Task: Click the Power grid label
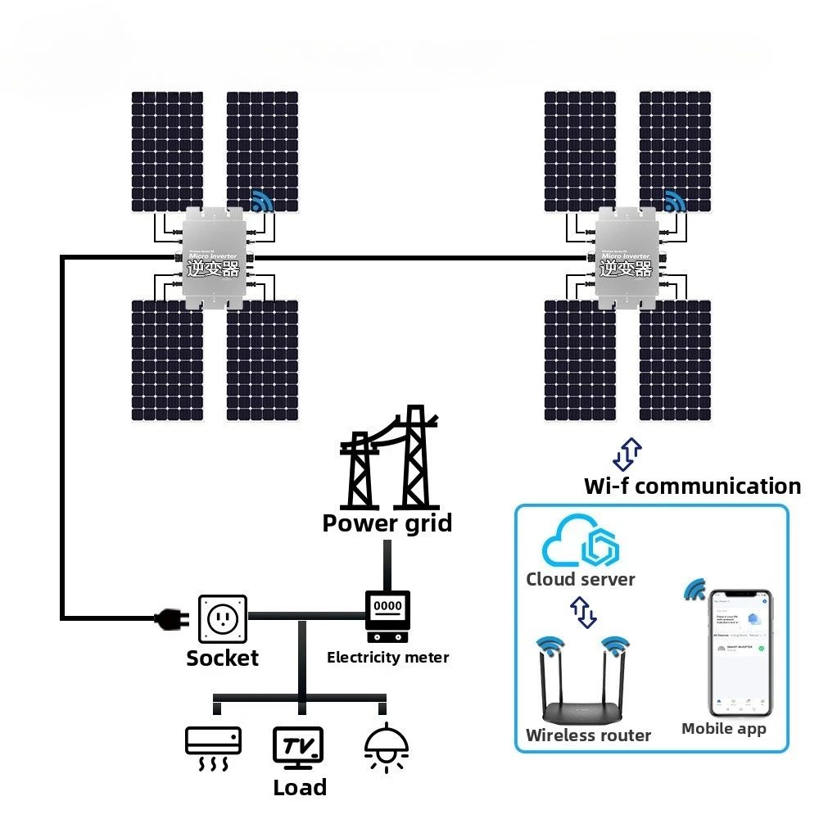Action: coord(387,523)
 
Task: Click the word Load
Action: coord(300,788)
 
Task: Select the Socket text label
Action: coord(222,658)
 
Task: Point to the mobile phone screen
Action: coord(740,651)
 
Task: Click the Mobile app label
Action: coord(724,729)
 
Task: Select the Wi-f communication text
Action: coord(692,486)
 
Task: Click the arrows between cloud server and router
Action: coord(583,611)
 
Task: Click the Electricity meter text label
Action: coord(387,657)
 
